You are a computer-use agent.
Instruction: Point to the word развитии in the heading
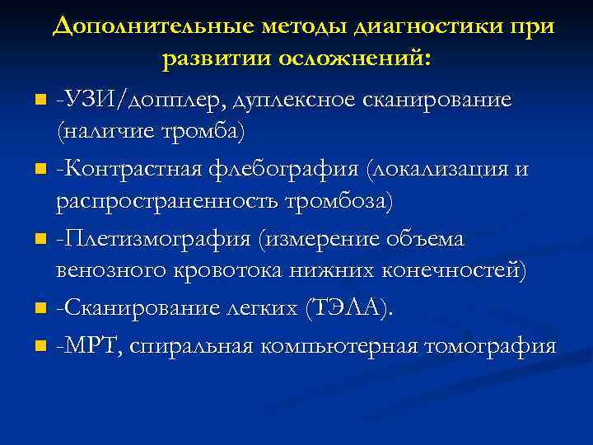pyautogui.click(x=217, y=59)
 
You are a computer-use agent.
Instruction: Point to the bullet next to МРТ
pyautogui.click(x=40, y=347)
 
